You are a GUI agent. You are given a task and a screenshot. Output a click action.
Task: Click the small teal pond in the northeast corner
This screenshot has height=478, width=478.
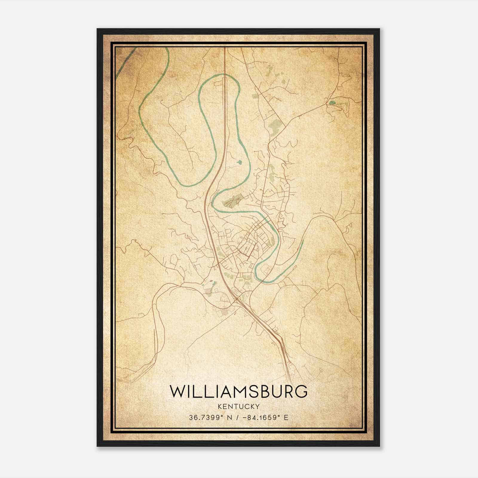coord(332,103)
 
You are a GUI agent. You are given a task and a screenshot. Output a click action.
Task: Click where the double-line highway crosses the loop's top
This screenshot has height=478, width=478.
coord(225,75)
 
